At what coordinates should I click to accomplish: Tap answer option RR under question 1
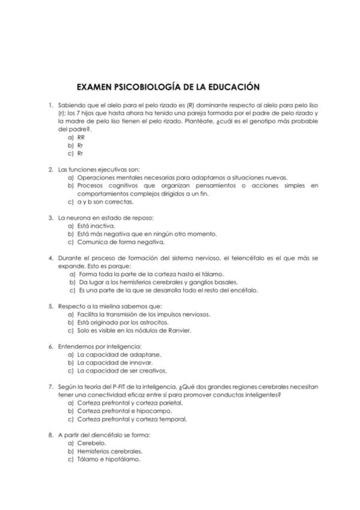tap(81, 137)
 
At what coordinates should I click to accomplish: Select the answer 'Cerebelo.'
tap(92, 443)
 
